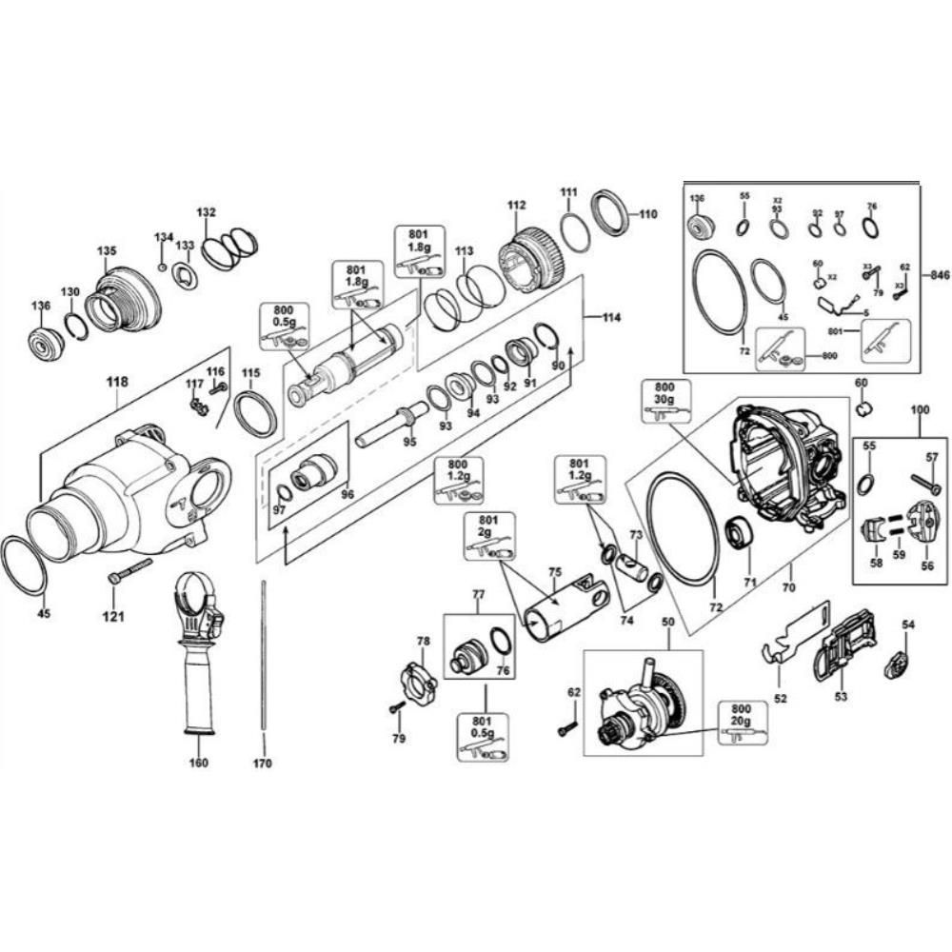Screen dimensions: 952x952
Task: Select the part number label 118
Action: [116, 383]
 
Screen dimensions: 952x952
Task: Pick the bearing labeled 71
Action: [741, 534]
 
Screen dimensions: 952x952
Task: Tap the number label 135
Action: [106, 251]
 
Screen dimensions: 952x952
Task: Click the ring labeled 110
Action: [609, 213]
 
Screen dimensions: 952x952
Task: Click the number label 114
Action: [610, 319]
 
